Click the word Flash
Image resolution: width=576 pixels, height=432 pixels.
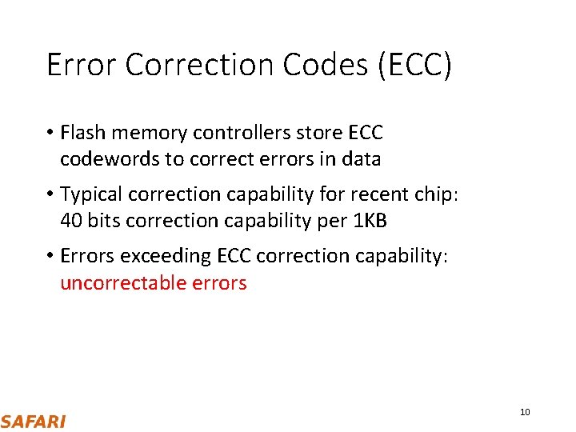click(x=82, y=132)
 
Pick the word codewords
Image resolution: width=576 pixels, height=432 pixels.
click(x=110, y=159)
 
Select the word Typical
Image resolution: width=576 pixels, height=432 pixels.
click(x=91, y=194)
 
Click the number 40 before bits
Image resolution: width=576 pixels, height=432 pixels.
click(x=71, y=222)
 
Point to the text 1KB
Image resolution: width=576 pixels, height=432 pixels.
click(x=370, y=222)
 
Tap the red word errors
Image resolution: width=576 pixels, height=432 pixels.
click(x=219, y=283)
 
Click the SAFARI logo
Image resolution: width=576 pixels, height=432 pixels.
click(x=33, y=422)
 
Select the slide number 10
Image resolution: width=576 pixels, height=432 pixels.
click(x=525, y=412)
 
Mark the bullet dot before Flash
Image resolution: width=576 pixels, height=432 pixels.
click(x=50, y=133)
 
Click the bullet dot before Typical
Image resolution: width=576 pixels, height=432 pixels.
click(x=50, y=195)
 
